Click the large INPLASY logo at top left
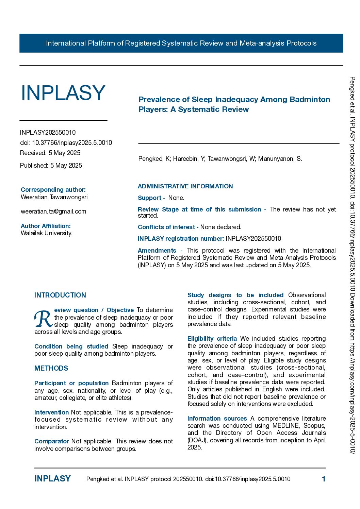(x=63, y=92)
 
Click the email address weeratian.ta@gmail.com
(x=53, y=211)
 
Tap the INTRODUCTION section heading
(x=60, y=295)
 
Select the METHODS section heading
(x=51, y=368)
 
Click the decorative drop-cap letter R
(x=43, y=319)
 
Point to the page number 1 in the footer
(x=324, y=479)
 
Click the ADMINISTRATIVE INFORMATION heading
(x=185, y=186)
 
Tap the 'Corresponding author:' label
(x=53, y=190)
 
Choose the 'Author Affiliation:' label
(x=46, y=226)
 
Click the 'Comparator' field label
(x=52, y=441)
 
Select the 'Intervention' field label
(x=51, y=412)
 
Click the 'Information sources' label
(x=217, y=419)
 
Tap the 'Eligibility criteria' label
(x=212, y=339)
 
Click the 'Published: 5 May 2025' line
(x=51, y=166)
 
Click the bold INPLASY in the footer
(x=52, y=479)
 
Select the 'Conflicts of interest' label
(x=166, y=227)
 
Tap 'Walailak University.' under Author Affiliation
(x=46, y=233)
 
